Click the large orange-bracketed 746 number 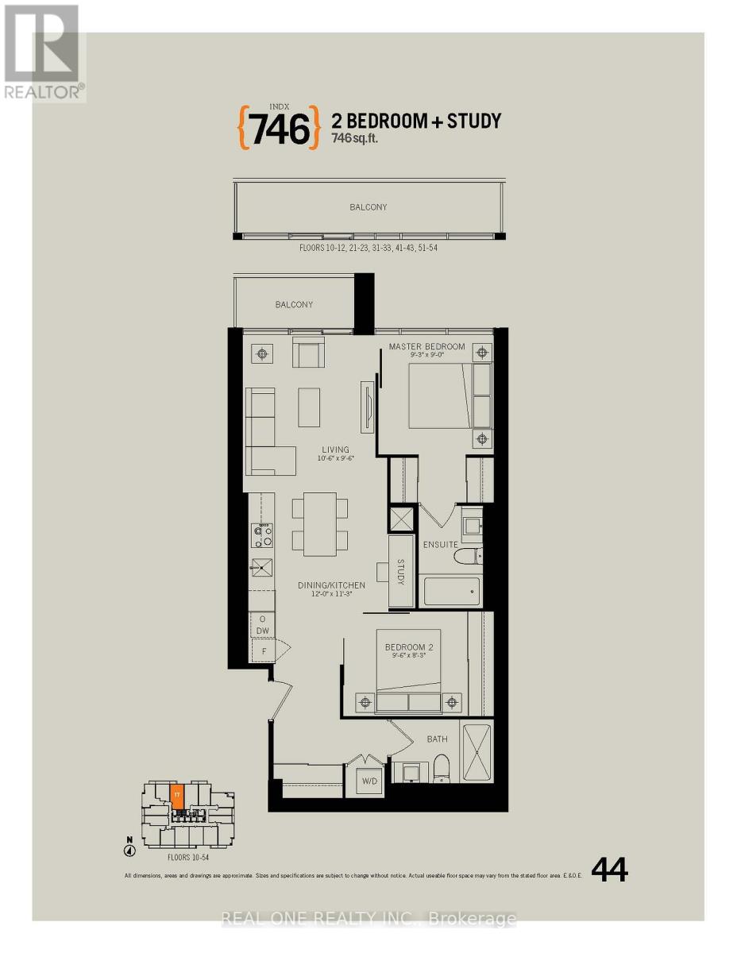(x=279, y=129)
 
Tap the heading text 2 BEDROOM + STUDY (x=415, y=121)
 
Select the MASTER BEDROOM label (x=426, y=346)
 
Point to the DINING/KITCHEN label (x=331, y=585)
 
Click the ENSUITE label (x=440, y=545)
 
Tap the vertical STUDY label (x=401, y=572)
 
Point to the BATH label (x=437, y=739)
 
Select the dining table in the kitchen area (x=320, y=523)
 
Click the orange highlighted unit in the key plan (x=177, y=796)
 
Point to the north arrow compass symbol (x=129, y=851)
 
